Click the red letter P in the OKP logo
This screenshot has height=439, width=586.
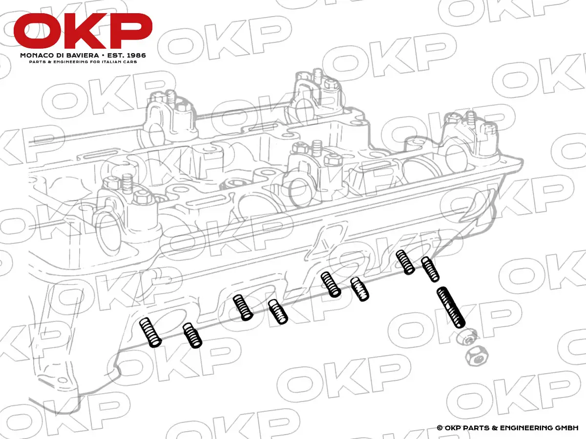point(129,31)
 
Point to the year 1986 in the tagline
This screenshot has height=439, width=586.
point(136,56)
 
